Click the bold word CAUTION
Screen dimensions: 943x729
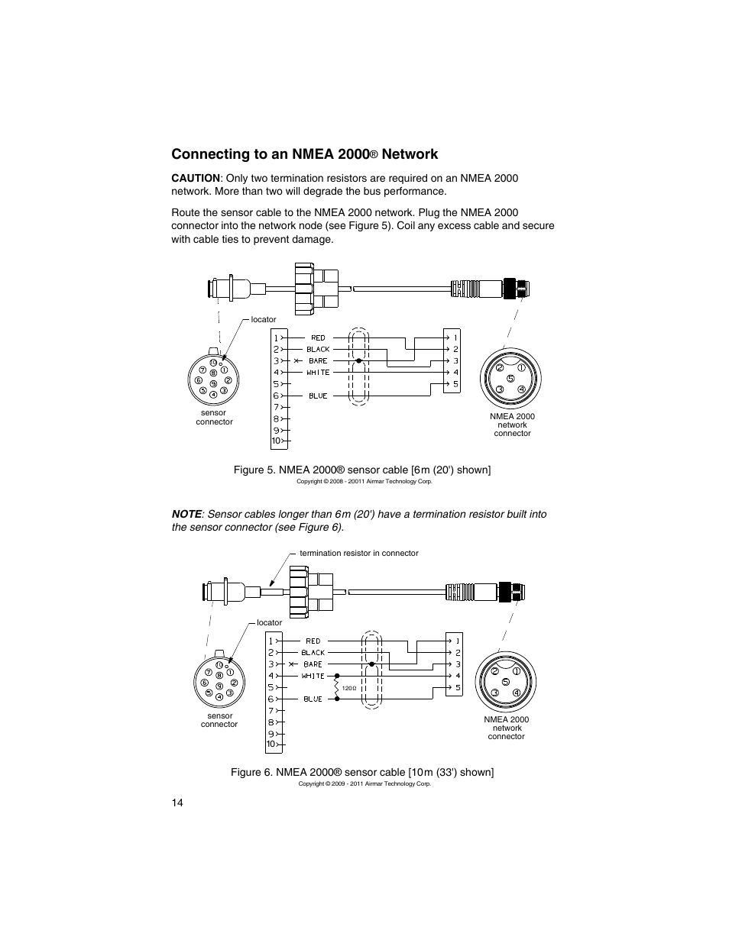pos(195,178)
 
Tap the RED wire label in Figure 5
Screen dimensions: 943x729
pos(318,337)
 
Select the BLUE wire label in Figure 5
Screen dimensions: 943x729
pos(318,396)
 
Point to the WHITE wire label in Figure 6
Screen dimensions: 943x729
pos(313,676)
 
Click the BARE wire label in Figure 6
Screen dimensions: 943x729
pos(313,664)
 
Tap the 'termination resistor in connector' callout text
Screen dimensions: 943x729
pos(358,553)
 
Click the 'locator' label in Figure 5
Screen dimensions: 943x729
pos(264,319)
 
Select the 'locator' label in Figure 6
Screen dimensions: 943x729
pos(269,622)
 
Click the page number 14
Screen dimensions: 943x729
pos(177,802)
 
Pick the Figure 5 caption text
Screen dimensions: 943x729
pos(361,470)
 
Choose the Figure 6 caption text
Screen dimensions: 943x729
pos(362,772)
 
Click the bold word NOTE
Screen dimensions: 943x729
pos(187,514)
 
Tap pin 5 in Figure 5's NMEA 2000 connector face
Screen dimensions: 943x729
pos(510,379)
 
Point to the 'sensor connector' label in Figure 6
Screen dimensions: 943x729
pos(219,720)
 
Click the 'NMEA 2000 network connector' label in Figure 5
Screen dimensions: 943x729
pos(512,425)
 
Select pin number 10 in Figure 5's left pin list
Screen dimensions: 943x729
pos(276,441)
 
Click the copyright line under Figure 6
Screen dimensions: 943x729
pos(364,783)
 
